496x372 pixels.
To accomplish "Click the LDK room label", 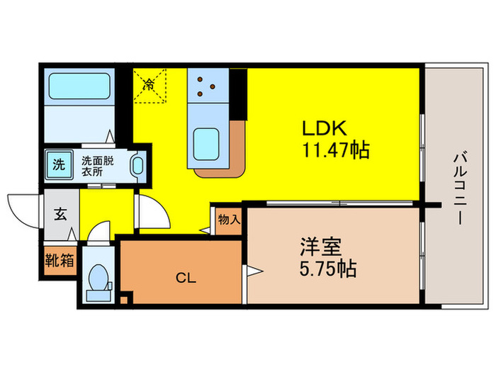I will click(x=324, y=130).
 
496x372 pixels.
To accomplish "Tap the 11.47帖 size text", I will click(x=333, y=150).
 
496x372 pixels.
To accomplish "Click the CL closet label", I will click(x=186, y=277).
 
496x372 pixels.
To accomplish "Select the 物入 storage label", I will click(x=229, y=220).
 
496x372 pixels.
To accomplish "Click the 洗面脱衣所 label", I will click(x=97, y=165).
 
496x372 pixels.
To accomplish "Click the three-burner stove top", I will click(x=206, y=86).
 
